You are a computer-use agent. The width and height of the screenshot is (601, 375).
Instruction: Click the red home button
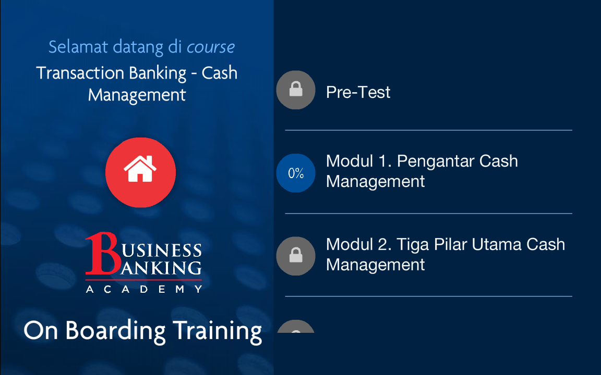point(141,172)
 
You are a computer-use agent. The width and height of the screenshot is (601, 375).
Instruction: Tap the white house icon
point(140,168)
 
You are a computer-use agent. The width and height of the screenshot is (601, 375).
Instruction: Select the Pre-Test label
point(358,92)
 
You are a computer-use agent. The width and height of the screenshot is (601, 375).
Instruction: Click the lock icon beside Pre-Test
point(295,90)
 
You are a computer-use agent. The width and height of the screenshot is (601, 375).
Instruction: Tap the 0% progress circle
point(295,173)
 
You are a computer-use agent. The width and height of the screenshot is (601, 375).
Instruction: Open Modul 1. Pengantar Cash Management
point(422,171)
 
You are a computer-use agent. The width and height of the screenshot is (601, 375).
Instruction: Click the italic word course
point(210,47)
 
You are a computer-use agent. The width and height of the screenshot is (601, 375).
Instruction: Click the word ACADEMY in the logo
point(144,289)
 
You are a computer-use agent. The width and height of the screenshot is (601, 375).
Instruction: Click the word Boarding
point(115,331)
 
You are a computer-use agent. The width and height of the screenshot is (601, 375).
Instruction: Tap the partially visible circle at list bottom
point(295,327)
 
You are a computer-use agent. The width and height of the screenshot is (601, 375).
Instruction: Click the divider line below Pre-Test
point(428,130)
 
